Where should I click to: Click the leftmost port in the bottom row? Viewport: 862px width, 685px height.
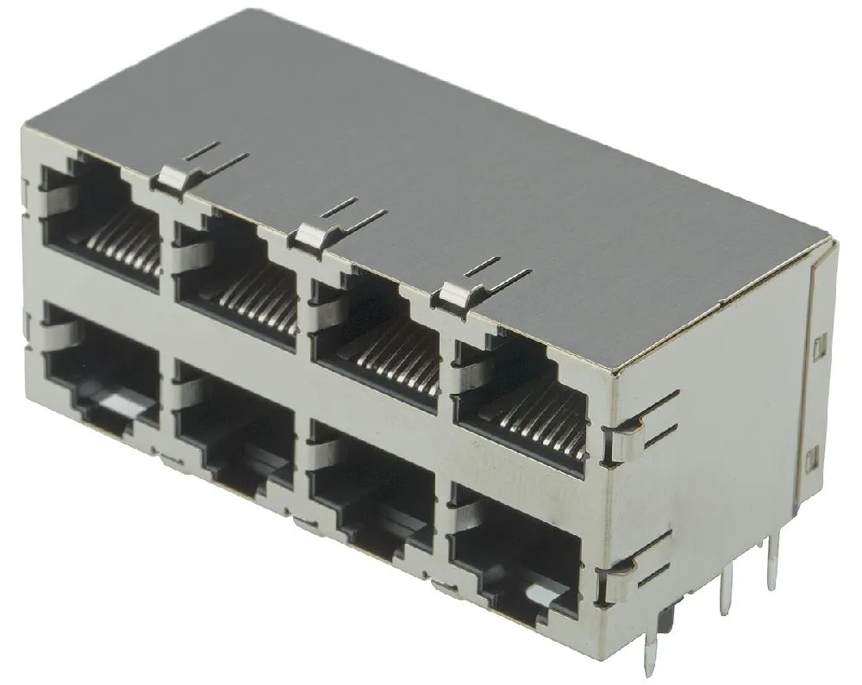pyautogui.click(x=102, y=366)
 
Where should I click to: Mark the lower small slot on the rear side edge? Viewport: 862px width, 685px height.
pyautogui.click(x=810, y=461)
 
